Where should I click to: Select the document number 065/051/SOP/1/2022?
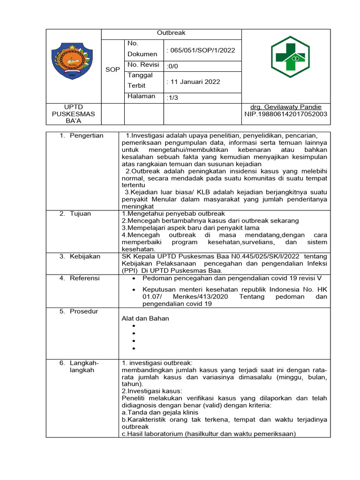click(x=201, y=51)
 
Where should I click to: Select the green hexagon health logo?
click(x=286, y=57)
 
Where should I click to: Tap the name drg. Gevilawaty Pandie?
click(x=286, y=107)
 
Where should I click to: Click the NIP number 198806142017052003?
click(x=286, y=114)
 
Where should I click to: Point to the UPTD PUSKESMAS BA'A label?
click(x=73, y=114)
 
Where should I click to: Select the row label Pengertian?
click(x=86, y=135)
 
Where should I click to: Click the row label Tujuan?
click(x=80, y=214)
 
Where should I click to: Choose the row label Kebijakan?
click(x=84, y=256)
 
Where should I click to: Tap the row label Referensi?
click(x=85, y=278)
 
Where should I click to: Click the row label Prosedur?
click(x=84, y=311)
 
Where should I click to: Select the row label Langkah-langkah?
click(x=84, y=366)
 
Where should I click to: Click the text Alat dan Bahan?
click(x=145, y=318)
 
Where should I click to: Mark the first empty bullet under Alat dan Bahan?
click(x=134, y=326)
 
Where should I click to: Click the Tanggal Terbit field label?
click(x=139, y=80)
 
